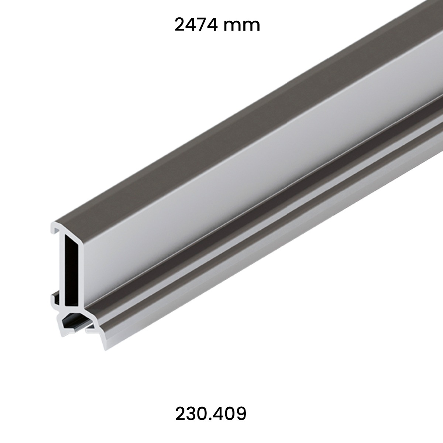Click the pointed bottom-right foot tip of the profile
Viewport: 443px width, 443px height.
click(105, 347)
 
